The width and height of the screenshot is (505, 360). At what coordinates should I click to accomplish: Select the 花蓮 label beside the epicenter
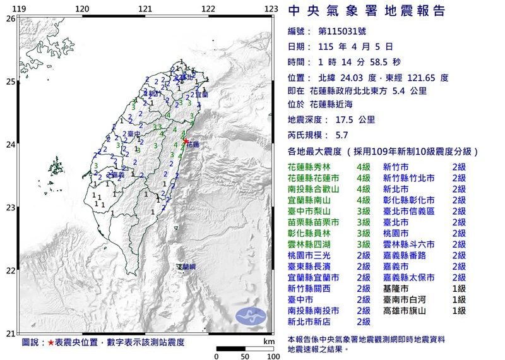194,145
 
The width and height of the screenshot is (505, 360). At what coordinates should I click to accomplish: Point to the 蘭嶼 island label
186,267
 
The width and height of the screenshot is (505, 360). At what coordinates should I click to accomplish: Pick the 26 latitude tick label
10,19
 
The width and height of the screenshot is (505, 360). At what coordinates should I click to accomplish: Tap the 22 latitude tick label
10,271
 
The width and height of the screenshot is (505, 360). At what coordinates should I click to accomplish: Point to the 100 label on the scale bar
273,356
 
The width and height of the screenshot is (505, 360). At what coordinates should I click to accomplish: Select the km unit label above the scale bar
270,340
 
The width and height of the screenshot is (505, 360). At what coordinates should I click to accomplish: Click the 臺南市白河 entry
404,299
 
